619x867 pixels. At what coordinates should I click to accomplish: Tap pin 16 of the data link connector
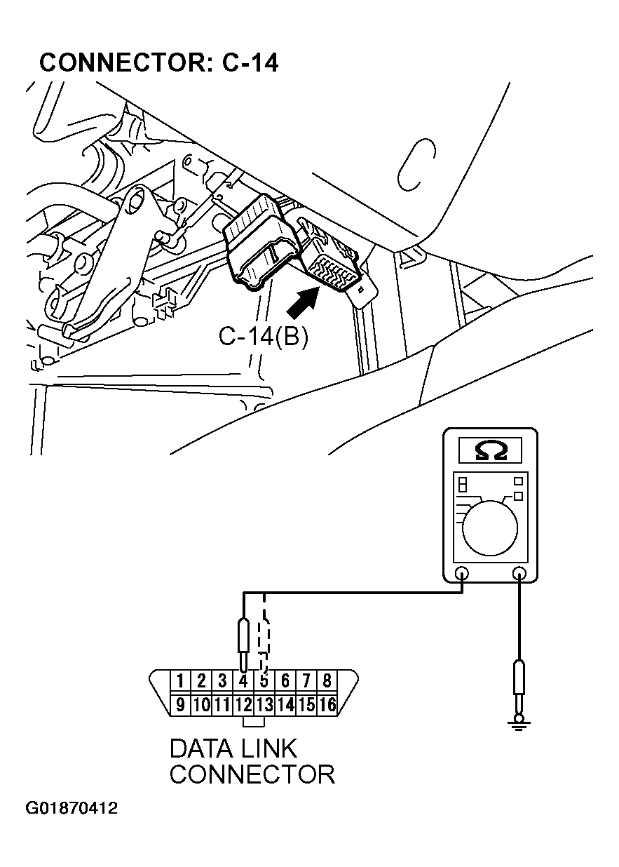pyautogui.click(x=327, y=704)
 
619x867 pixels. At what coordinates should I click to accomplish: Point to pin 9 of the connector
pyautogui.click(x=180, y=704)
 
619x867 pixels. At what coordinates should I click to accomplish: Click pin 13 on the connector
pyautogui.click(x=264, y=704)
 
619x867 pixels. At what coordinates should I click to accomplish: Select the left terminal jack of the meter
pyautogui.click(x=462, y=573)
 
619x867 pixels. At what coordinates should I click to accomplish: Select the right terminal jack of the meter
pyautogui.click(x=519, y=573)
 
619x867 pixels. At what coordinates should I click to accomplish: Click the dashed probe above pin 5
pyautogui.click(x=264, y=635)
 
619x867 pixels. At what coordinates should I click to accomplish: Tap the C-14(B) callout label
pyautogui.click(x=263, y=337)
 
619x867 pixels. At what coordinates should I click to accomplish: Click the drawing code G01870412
pyautogui.click(x=72, y=809)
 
